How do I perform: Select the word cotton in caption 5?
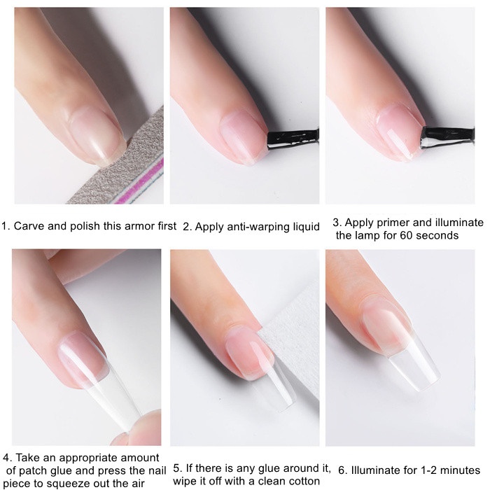[304, 481]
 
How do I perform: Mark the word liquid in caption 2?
[306, 227]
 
